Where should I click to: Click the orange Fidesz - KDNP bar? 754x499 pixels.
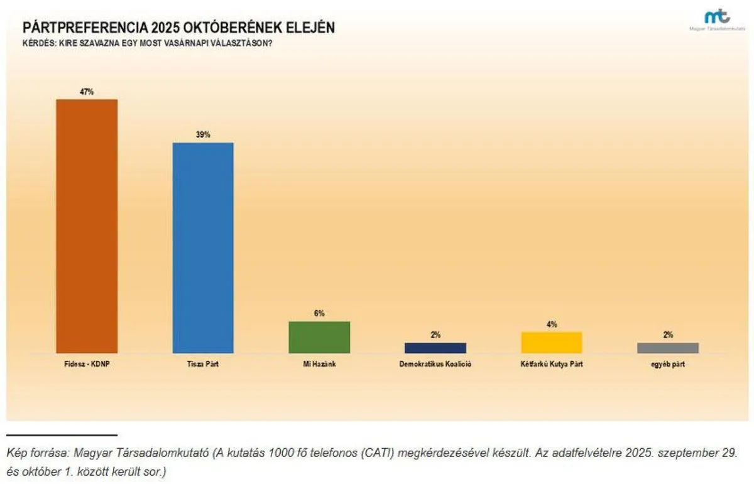[87, 226]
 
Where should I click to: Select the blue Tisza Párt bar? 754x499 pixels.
[203, 247]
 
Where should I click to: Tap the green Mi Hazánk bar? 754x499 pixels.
[319, 337]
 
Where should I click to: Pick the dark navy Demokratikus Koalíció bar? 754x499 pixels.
[435, 348]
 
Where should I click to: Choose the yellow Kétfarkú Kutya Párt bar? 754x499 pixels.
[552, 342]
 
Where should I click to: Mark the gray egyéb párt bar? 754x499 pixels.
[667, 348]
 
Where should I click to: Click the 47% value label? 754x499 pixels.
[87, 92]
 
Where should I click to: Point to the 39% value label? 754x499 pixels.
[203, 134]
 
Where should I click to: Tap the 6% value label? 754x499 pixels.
[319, 313]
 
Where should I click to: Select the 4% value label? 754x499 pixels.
[552, 324]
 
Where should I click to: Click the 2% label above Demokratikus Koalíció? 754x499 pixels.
[435, 335]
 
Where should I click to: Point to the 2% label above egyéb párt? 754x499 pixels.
[667, 335]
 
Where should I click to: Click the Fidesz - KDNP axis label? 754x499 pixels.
[87, 364]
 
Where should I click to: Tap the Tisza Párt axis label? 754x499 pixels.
[203, 364]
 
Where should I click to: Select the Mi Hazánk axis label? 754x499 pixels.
[319, 364]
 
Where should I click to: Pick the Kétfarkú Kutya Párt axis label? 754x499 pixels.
[552, 364]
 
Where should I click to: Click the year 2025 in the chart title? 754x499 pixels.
[165, 28]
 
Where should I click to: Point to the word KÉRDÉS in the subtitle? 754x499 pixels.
[36, 43]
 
